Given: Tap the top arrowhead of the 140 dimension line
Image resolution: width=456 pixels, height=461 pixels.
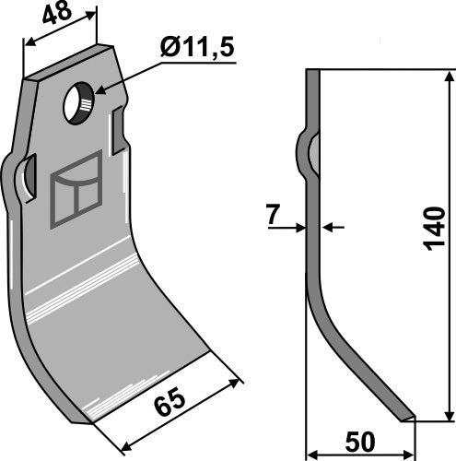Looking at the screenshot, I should [449, 76].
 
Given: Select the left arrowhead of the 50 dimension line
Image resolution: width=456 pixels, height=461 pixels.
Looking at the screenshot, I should [311, 455].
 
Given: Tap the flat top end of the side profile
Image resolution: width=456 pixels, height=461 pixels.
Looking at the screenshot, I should [311, 71].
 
